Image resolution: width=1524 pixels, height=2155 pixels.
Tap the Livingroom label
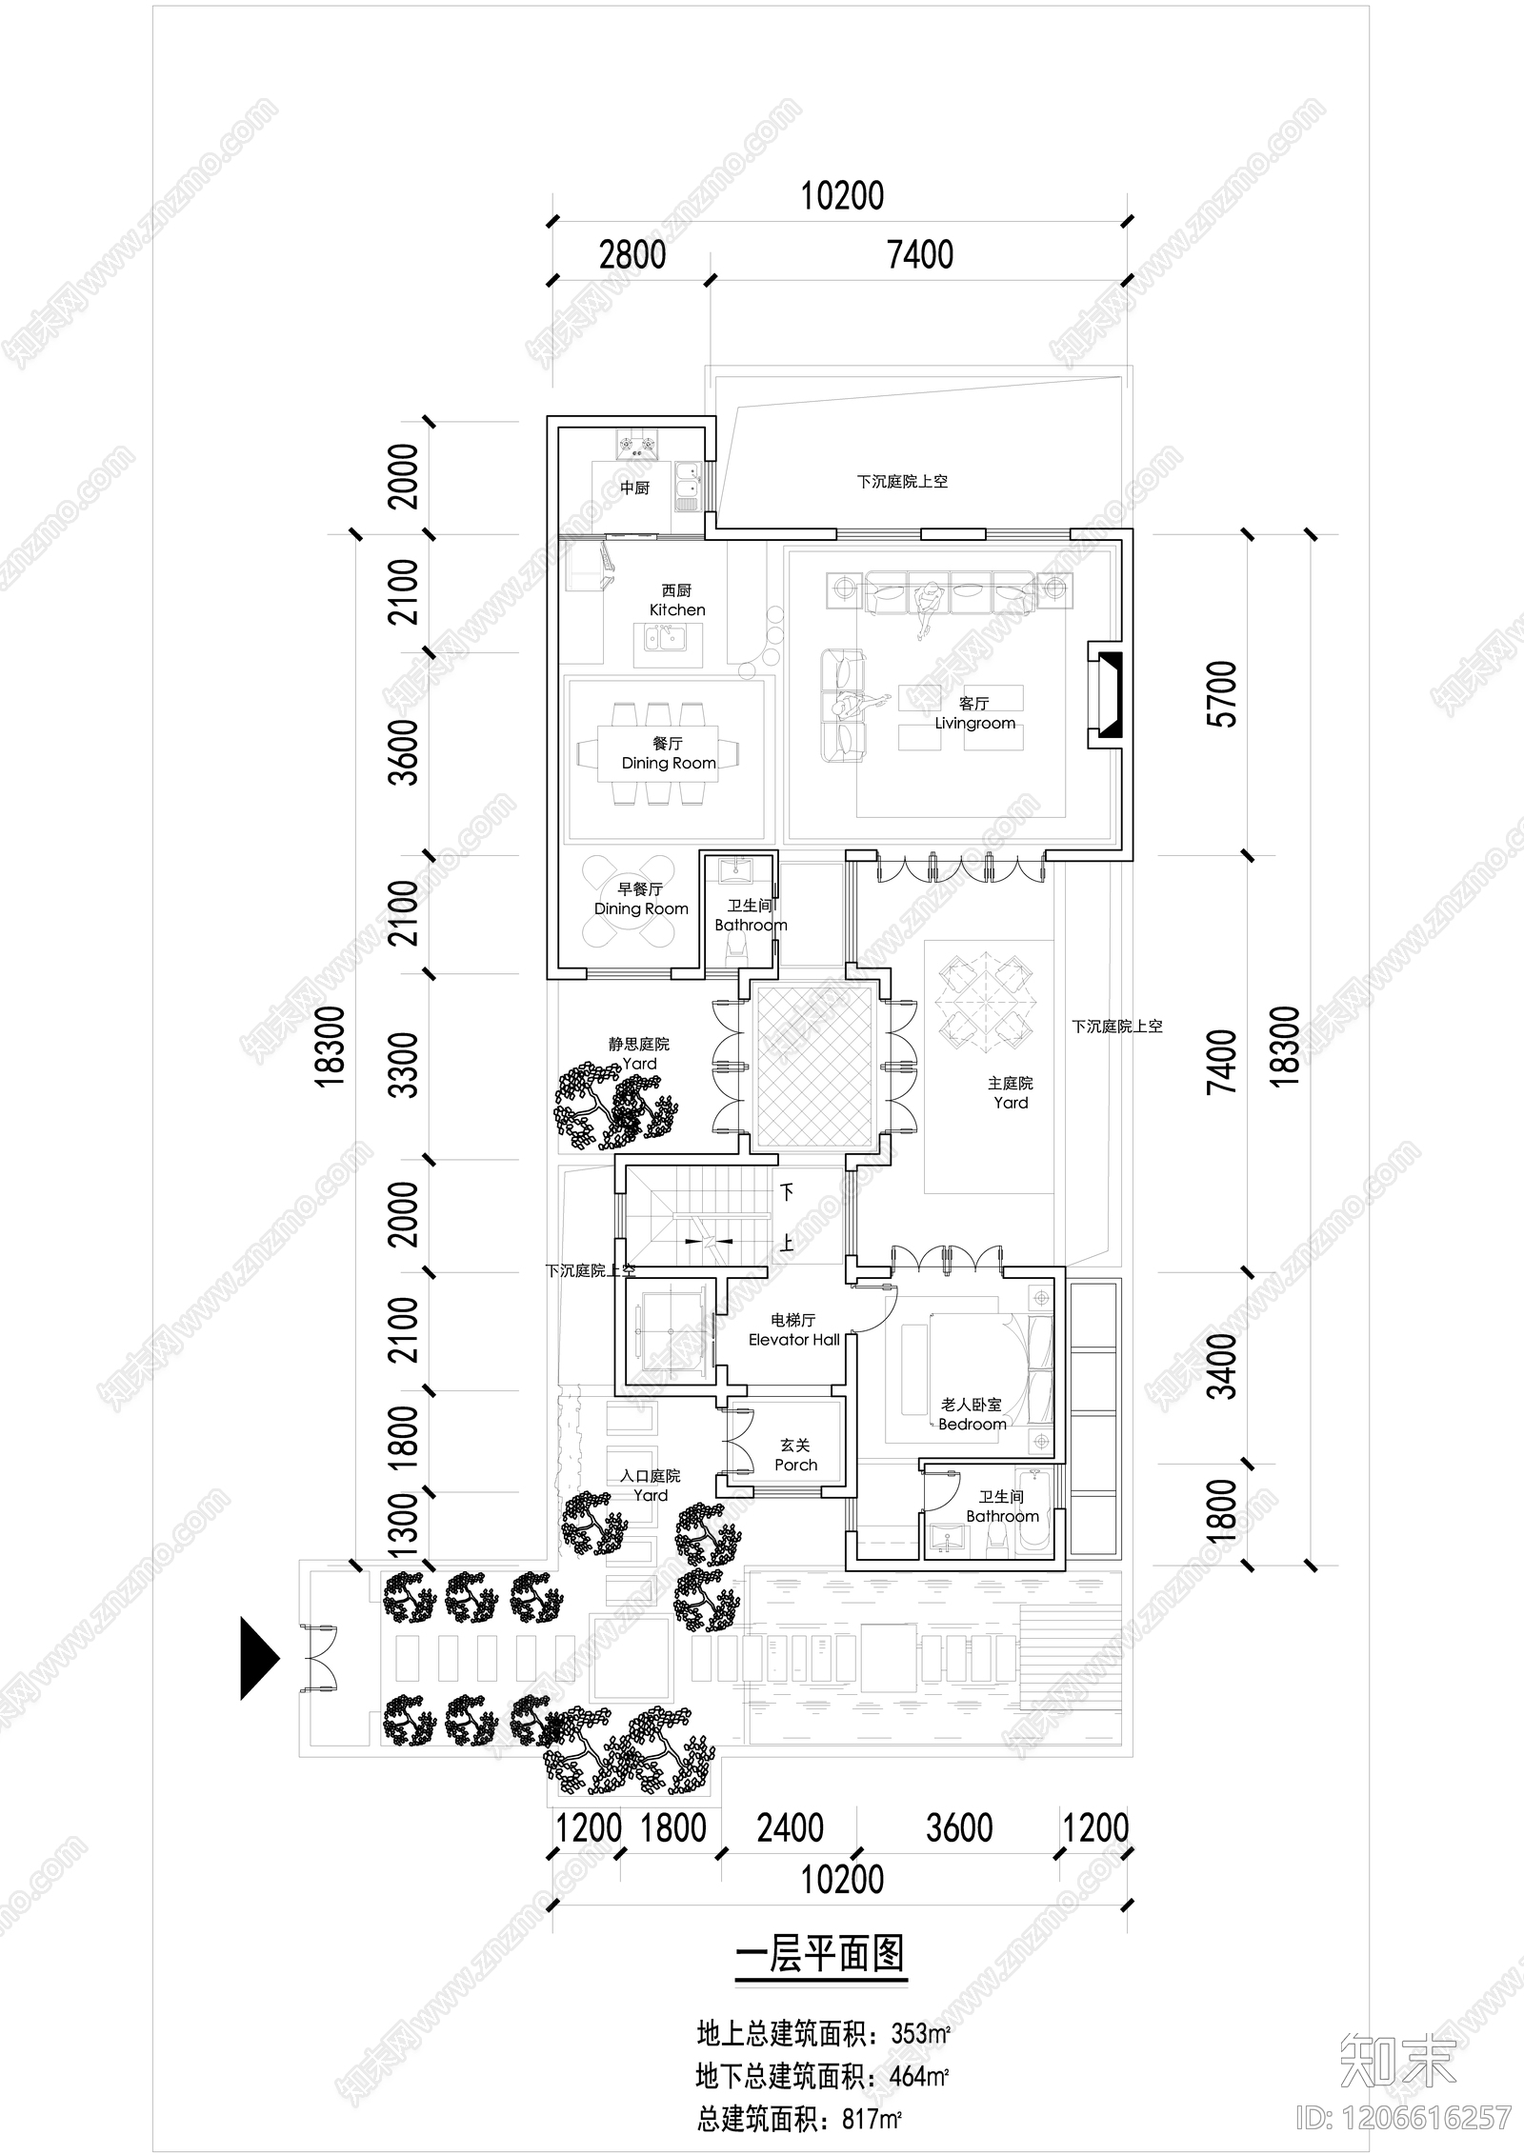click(x=974, y=723)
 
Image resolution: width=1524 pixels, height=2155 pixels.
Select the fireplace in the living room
click(x=1107, y=694)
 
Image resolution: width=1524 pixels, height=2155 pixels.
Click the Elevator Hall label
click(x=793, y=1340)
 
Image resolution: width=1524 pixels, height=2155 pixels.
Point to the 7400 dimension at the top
click(x=919, y=255)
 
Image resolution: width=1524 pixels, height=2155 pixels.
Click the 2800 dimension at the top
click(x=632, y=255)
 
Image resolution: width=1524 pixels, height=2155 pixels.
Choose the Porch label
click(x=795, y=1465)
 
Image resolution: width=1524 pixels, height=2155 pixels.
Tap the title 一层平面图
click(x=819, y=1955)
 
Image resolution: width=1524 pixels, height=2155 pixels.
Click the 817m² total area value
click(x=872, y=2093)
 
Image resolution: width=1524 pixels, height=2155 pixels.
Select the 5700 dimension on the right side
click(x=1222, y=694)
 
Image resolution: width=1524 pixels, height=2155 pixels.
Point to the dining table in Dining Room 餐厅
click(x=657, y=753)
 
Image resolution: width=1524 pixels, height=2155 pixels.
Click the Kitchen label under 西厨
click(x=677, y=609)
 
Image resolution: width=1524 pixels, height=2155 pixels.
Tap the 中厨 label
click(x=634, y=489)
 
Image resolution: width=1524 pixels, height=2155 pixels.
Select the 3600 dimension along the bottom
click(x=959, y=1827)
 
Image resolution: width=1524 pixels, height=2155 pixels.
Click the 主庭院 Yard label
click(x=1010, y=1092)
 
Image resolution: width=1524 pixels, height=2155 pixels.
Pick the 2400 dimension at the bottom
click(x=790, y=1827)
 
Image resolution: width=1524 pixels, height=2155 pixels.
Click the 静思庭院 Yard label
click(x=639, y=1053)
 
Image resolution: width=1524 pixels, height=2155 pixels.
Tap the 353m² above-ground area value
click(x=920, y=2034)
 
